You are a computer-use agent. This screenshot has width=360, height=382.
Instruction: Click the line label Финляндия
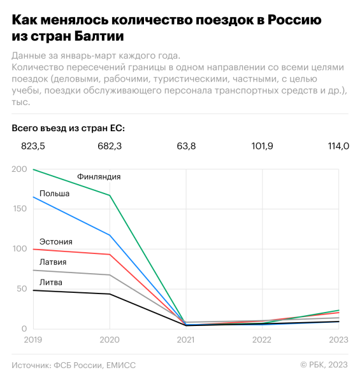point(99,176)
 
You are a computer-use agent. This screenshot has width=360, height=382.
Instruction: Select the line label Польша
point(54,193)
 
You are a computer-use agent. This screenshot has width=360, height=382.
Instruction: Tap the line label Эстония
point(55,241)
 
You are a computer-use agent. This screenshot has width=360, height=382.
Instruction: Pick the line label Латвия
point(53,262)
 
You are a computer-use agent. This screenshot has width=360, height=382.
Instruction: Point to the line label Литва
point(51,282)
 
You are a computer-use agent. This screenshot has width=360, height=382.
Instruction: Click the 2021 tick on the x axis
point(186,341)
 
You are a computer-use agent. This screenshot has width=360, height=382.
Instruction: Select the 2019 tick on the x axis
point(33,341)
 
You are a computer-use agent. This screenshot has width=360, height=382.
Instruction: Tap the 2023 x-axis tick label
point(338,341)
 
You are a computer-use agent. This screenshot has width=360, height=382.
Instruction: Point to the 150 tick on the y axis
point(20,209)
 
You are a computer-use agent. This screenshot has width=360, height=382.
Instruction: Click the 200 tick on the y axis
point(20,169)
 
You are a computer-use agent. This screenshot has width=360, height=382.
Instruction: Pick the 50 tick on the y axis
point(22,289)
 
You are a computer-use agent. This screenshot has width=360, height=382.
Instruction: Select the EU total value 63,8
point(186,146)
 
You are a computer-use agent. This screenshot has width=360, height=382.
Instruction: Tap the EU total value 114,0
point(338,146)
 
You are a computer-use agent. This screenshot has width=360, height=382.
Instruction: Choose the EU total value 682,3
point(110,146)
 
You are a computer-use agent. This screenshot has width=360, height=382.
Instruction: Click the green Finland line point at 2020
point(110,195)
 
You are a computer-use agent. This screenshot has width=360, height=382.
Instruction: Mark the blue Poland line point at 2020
point(110,236)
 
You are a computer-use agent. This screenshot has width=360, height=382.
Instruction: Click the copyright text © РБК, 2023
point(324,365)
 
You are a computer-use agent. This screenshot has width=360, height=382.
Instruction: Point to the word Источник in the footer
point(32,365)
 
